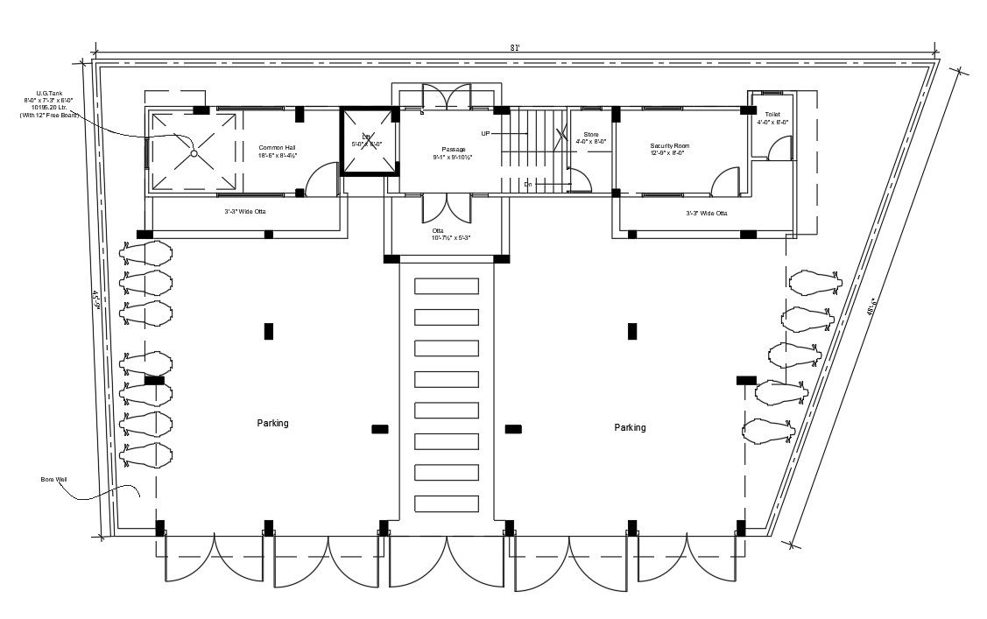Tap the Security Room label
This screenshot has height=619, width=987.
tap(670, 149)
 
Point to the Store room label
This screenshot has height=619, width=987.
tap(591, 137)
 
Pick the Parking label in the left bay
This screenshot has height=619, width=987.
tap(272, 423)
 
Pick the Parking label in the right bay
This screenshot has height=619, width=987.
tap(630, 427)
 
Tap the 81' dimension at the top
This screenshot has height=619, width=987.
tap(517, 48)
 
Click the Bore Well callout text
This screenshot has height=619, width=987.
tap(53, 480)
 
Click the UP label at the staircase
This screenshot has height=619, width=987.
tap(485, 133)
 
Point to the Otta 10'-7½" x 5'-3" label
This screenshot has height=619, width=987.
tap(451, 235)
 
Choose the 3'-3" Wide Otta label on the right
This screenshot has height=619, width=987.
tap(706, 213)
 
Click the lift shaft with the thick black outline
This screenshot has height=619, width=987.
tap(368, 141)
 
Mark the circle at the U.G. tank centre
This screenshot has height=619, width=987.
tap(194, 153)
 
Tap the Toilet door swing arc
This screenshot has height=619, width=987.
tap(778, 151)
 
